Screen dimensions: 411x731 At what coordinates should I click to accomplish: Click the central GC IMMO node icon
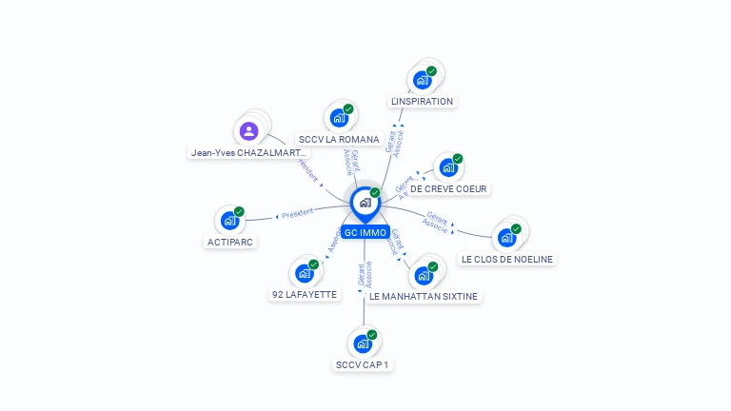pos(365,203)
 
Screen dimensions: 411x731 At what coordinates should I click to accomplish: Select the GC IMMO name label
pos(365,232)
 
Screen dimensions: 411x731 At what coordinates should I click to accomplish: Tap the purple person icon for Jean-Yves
pos(249,131)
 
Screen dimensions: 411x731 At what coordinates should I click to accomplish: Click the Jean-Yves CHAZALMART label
pos(249,152)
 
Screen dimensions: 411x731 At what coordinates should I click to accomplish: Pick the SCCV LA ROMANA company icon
pos(338,118)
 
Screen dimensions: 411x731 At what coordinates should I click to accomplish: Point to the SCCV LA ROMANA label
pos(339,139)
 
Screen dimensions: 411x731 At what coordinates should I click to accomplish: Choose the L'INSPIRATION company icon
pos(422,80)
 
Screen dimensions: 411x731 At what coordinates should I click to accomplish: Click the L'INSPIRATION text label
pos(422,101)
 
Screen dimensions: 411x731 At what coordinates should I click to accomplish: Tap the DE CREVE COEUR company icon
pos(447,168)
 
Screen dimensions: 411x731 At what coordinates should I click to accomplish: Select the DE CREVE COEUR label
pos(448,188)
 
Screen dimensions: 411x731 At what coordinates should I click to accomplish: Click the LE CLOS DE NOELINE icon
pos(506,237)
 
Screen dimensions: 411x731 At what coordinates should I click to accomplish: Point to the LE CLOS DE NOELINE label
pos(506,259)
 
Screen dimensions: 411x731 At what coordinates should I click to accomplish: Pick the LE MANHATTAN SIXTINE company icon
pos(424,276)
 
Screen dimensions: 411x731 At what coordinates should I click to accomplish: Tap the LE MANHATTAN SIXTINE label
pos(424,296)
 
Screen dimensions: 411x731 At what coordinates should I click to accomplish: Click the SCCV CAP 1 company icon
pos(363,343)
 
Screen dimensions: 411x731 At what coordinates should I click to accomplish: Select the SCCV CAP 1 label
pos(363,364)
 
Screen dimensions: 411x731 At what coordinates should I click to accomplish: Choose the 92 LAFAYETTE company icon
pos(305,273)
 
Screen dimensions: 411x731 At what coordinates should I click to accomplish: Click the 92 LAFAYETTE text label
pos(305,295)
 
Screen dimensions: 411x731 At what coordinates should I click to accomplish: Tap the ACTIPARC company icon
pos(229,221)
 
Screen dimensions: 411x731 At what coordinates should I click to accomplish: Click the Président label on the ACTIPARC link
pos(297,213)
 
